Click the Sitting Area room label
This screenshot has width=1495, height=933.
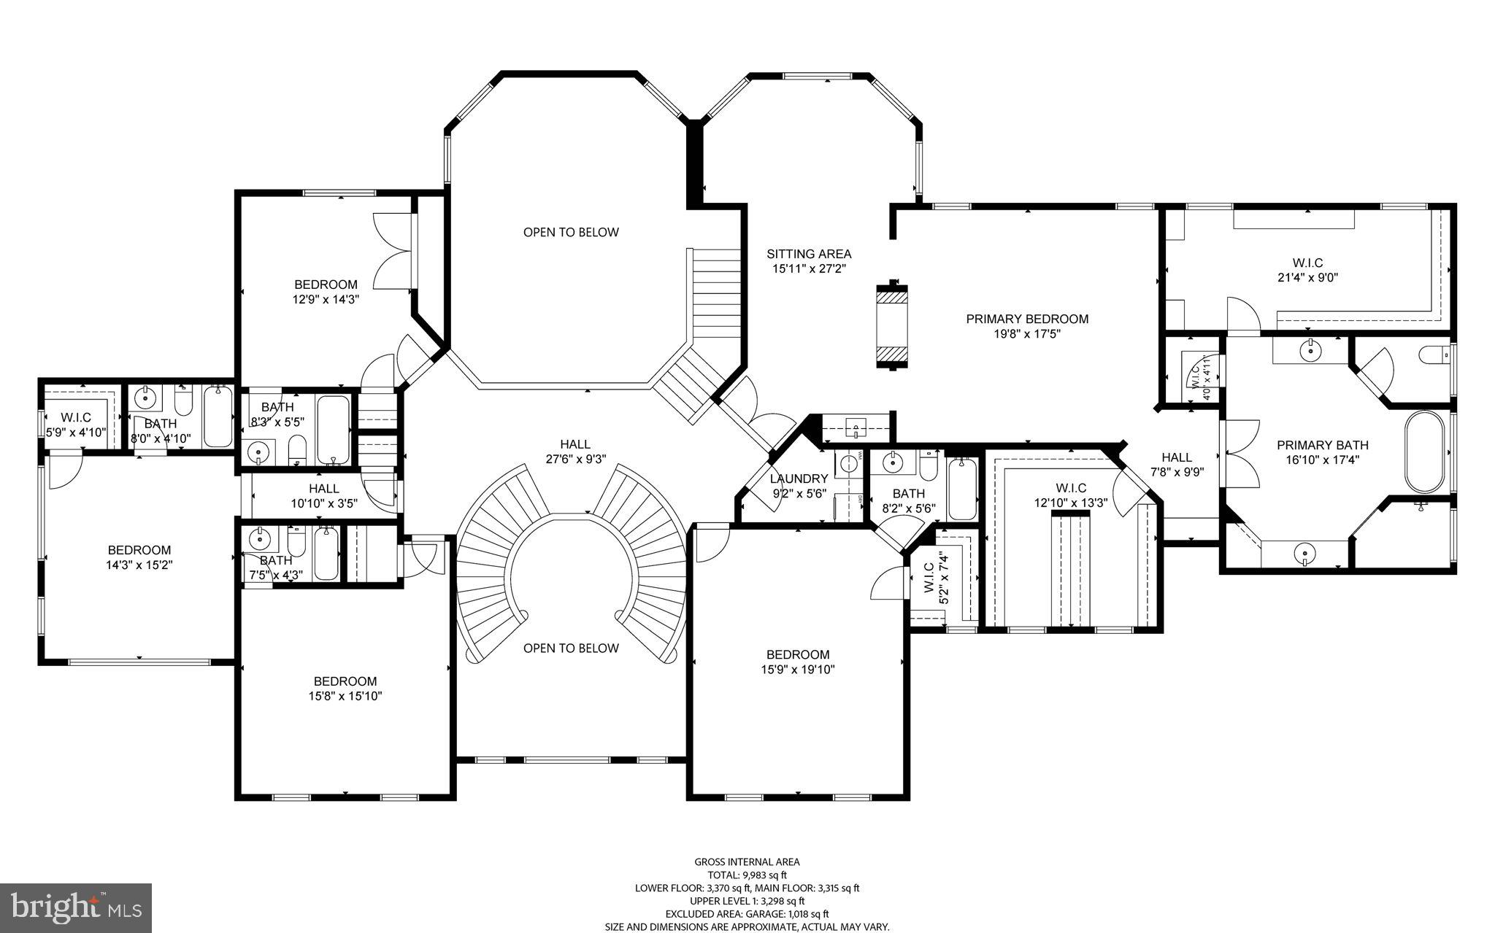(809, 254)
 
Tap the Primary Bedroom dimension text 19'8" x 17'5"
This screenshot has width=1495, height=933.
(1027, 334)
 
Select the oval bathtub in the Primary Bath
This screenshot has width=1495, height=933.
(1424, 452)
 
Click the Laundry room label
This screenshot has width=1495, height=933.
(799, 479)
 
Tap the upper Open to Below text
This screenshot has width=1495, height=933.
(571, 232)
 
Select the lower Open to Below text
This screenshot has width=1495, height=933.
(571, 648)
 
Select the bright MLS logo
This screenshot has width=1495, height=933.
(75, 907)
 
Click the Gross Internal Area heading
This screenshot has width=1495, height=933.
(747, 862)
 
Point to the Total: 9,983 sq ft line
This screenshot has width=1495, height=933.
(747, 875)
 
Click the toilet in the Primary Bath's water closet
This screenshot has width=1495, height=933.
(1433, 355)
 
